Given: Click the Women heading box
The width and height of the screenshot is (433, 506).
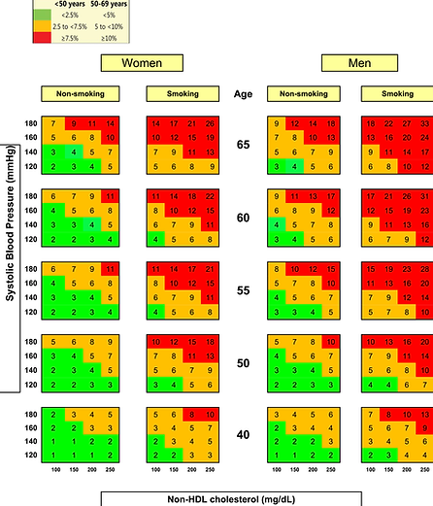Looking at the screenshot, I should (142, 64).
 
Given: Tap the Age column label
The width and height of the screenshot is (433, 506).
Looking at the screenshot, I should (243, 94).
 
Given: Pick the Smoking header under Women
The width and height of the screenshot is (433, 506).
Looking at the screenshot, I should (178, 94).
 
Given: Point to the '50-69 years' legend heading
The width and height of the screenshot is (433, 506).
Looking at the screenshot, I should (66, 3).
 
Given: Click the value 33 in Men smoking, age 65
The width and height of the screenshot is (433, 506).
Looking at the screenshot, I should (424, 124).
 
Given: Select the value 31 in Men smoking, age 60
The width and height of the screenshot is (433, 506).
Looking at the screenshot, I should (424, 197).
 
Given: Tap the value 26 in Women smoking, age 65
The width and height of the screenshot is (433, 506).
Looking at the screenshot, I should (211, 124).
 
